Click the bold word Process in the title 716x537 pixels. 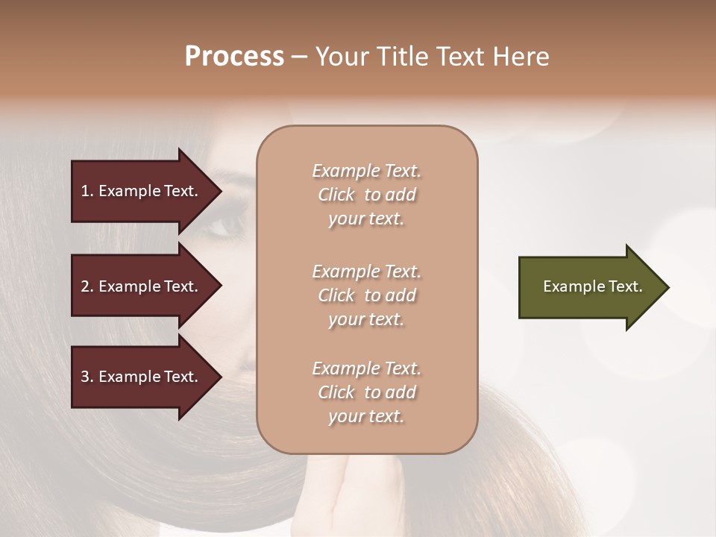pos(234,57)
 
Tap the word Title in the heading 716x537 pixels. pos(407,57)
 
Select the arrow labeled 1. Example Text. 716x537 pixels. pos(142,191)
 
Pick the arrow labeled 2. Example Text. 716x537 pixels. pos(142,286)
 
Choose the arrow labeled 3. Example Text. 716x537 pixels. pos(142,377)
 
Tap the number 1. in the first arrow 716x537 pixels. pos(87,191)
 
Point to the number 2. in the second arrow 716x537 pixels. pos(87,286)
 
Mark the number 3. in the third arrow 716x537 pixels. pos(87,377)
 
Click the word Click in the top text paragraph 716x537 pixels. pos(336,195)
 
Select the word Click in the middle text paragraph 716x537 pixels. pos(336,295)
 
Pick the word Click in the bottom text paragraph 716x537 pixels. pos(336,392)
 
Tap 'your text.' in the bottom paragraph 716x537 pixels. pos(366,416)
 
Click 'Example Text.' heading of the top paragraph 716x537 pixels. pos(366,171)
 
